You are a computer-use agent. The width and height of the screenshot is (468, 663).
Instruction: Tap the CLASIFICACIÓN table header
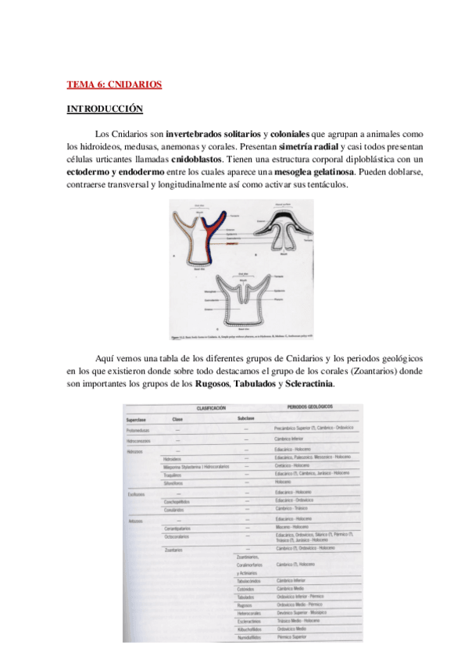(x=211, y=409)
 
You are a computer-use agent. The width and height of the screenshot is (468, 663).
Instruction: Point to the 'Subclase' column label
(x=246, y=420)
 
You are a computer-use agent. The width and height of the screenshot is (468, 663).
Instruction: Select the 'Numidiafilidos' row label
(x=252, y=637)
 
